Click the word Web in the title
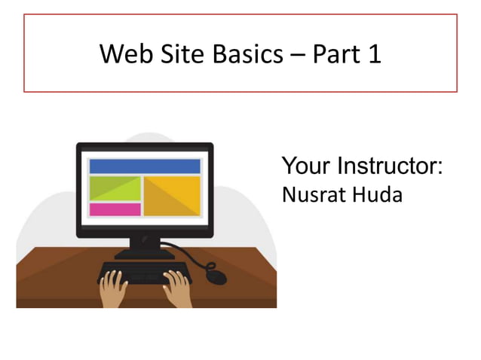pyautogui.click(x=123, y=53)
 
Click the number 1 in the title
pyautogui.click(x=375, y=53)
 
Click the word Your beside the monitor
pyautogui.click(x=306, y=166)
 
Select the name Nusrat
pyautogui.click(x=309, y=194)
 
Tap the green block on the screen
pyautogui.click(x=115, y=188)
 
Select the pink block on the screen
pyautogui.click(x=115, y=209)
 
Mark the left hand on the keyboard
pyautogui.click(x=114, y=288)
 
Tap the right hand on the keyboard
pyautogui.click(x=176, y=288)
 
